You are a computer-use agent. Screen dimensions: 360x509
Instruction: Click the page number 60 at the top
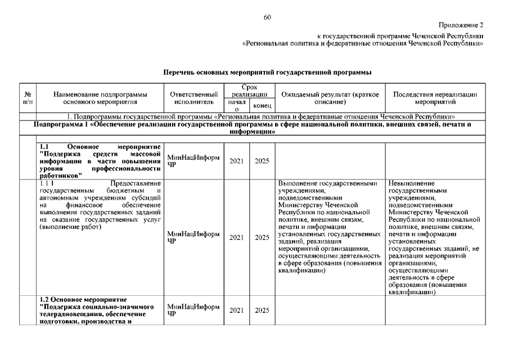pyautogui.click(x=267, y=17)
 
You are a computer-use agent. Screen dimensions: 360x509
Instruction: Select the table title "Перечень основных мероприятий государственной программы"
pyautogui.click(x=267, y=73)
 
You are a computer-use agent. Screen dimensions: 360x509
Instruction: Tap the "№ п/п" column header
pyautogui.click(x=28, y=97)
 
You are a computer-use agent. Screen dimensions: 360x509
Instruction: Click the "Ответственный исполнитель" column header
pyautogui.click(x=193, y=97)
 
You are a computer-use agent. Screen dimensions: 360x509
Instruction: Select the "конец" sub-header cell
pyautogui.click(x=262, y=105)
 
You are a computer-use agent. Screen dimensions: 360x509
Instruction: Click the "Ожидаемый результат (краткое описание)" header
pyautogui.click(x=330, y=97)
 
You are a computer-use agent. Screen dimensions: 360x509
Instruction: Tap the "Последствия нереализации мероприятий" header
pyautogui.click(x=434, y=97)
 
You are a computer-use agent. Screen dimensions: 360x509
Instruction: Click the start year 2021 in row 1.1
pyautogui.click(x=236, y=161)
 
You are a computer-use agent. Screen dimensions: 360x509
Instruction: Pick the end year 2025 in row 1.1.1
pyautogui.click(x=262, y=237)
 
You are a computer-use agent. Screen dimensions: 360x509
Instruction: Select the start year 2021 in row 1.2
pyautogui.click(x=236, y=310)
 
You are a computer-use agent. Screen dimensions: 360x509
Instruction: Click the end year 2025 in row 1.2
pyautogui.click(x=262, y=310)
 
